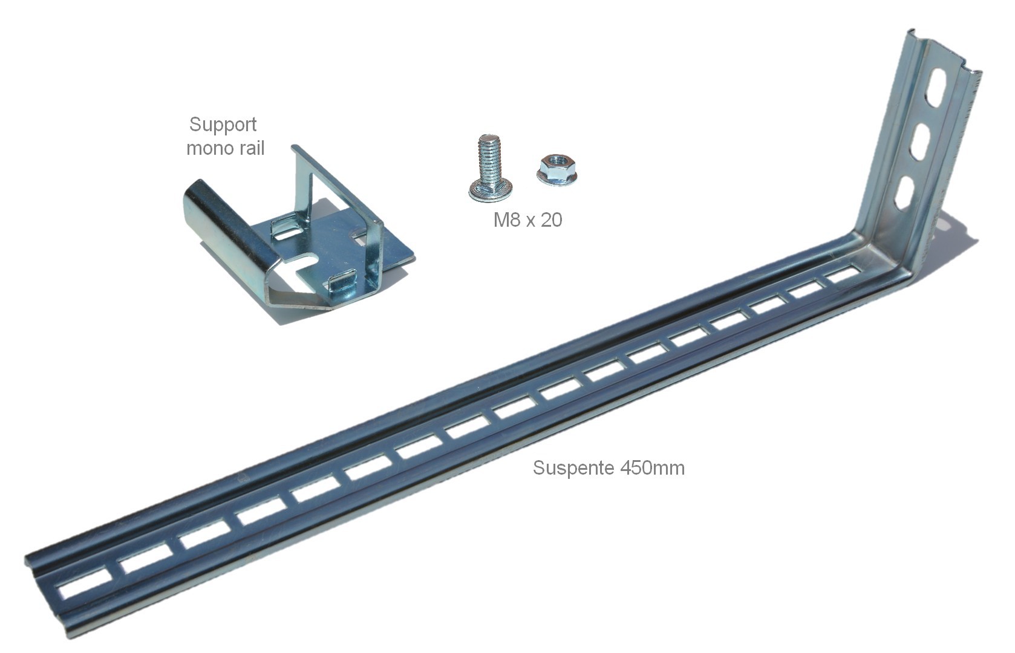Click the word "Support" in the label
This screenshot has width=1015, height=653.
click(x=223, y=125)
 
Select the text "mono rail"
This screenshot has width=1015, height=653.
click(x=225, y=148)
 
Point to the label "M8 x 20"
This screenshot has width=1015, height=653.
click(x=527, y=220)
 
